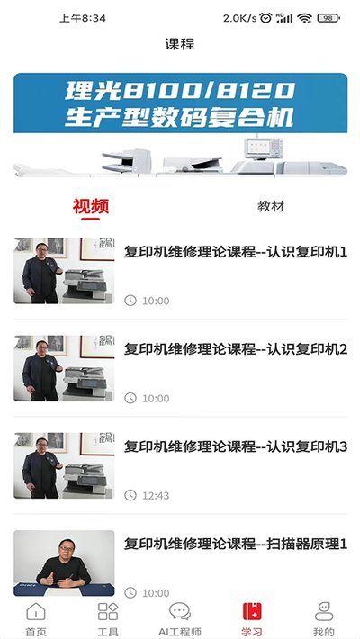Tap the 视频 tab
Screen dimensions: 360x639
pyautogui.click(x=91, y=206)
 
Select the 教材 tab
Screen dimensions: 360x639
pyautogui.click(x=271, y=206)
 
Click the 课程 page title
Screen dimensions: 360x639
pyautogui.click(x=180, y=44)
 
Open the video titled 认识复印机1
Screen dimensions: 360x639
pyautogui.click(x=236, y=252)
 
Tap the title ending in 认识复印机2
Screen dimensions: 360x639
pyautogui.click(x=236, y=349)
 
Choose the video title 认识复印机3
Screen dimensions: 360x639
pyautogui.click(x=236, y=446)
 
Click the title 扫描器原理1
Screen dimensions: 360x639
pyautogui.click(x=236, y=544)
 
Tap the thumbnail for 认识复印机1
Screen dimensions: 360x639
pyautogui.click(x=64, y=271)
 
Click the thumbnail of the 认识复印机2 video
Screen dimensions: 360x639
pyautogui.click(x=64, y=368)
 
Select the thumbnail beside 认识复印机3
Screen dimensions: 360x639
pyautogui.click(x=64, y=465)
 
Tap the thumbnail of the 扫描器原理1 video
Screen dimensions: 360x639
pyautogui.click(x=64, y=562)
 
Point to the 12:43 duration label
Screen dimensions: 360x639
pyautogui.click(x=156, y=496)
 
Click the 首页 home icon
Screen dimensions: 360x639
pyautogui.click(x=36, y=612)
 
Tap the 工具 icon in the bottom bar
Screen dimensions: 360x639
pyautogui.click(x=108, y=612)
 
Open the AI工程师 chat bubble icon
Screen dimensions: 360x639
pyautogui.click(x=180, y=612)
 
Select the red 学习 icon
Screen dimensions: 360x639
pyautogui.click(x=252, y=611)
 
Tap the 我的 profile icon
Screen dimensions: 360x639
pyautogui.click(x=324, y=611)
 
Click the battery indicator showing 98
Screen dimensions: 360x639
pyautogui.click(x=328, y=18)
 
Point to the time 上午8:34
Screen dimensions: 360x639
pyautogui.click(x=83, y=18)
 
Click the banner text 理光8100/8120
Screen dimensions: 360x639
pyautogui.click(x=180, y=91)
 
